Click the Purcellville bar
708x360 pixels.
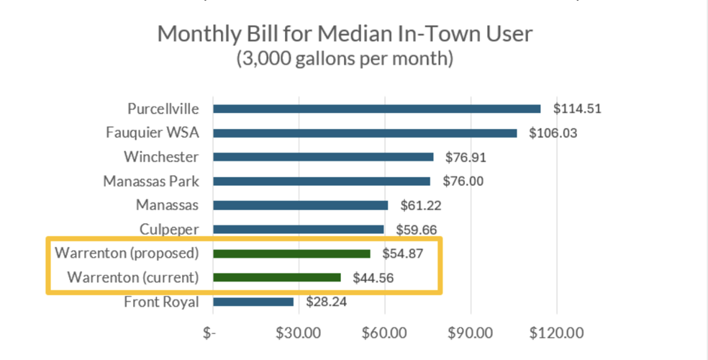tap(376, 109)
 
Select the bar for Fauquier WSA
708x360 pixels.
tap(365, 133)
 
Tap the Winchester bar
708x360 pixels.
tap(323, 157)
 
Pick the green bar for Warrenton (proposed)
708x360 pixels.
tap(291, 253)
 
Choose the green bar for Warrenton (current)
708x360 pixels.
tap(277, 277)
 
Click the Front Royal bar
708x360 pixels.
tap(253, 302)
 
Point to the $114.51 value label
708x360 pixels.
tap(577, 109)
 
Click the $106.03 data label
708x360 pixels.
tap(553, 133)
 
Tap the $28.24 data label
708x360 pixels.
tap(326, 302)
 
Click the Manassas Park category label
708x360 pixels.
tap(150, 181)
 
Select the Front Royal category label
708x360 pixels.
tap(161, 302)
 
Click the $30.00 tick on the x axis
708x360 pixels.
tap(298, 333)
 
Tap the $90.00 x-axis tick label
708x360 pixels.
tap(471, 333)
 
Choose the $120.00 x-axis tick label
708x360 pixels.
tap(556, 333)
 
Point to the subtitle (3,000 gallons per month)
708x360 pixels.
tap(345, 58)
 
